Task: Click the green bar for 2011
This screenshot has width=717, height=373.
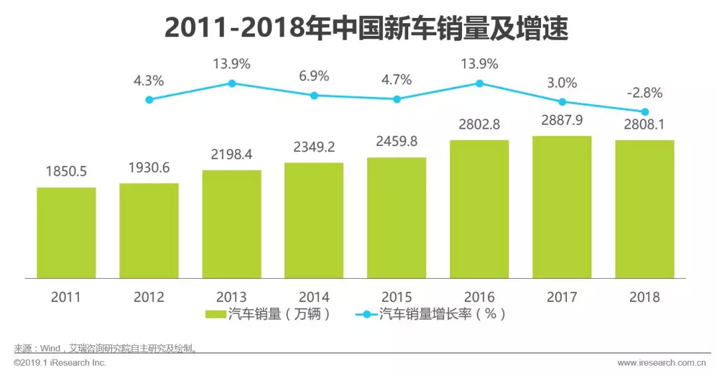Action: click(66, 232)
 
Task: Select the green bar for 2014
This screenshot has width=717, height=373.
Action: click(314, 220)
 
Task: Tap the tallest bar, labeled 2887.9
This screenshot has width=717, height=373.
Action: click(562, 207)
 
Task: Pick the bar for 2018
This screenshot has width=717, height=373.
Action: click(645, 209)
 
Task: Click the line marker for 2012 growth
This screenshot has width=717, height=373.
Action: click(149, 100)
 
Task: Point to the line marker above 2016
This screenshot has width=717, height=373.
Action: click(479, 84)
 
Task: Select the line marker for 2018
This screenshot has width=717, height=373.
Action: click(645, 112)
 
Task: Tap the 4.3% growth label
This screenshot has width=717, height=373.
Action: click(149, 80)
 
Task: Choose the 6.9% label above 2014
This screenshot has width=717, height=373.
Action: click(314, 76)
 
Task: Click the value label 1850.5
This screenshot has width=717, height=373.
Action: click(66, 172)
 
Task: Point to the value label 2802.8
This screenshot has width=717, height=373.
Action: click(479, 125)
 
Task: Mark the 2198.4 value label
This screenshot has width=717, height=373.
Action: click(232, 155)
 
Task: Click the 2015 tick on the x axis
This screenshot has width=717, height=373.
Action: click(397, 297)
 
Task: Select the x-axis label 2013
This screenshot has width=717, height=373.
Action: click(232, 297)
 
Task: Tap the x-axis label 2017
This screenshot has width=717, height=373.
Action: click(562, 297)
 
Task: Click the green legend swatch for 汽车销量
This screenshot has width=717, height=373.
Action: click(215, 315)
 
